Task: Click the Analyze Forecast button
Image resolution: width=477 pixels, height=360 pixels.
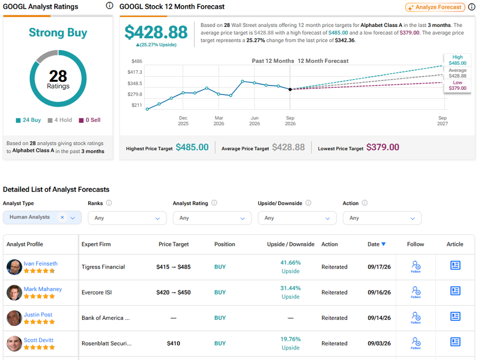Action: pos(435,7)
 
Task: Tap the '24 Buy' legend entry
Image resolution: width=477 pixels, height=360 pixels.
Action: pos(28,120)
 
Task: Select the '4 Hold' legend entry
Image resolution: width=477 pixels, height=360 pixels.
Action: pos(60,120)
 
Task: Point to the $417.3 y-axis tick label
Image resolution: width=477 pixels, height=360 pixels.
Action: pos(135,72)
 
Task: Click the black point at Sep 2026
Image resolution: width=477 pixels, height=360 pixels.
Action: pos(290,89)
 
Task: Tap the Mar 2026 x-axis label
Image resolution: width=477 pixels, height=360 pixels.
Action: pos(219,121)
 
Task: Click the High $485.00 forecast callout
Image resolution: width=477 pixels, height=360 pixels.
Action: pos(458,60)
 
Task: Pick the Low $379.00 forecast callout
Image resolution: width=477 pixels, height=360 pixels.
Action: pos(458,85)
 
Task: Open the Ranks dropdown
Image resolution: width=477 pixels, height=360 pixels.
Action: pos(127,218)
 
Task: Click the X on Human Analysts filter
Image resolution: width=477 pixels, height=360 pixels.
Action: pos(62,217)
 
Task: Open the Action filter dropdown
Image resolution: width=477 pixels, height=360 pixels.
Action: pos(382,218)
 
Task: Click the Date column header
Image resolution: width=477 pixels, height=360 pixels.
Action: pos(377,244)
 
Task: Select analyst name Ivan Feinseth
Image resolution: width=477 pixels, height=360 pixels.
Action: pos(41,264)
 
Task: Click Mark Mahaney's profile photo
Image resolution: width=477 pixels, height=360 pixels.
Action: pos(14,293)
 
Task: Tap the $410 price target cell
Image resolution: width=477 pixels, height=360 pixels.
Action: pos(174,344)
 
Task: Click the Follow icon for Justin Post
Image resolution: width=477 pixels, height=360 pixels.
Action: pos(416,318)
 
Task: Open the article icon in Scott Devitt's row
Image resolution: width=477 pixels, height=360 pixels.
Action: pos(455,342)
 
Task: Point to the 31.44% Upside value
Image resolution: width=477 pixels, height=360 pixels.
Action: pos(291,292)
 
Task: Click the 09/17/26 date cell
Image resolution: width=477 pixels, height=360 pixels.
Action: pos(379,267)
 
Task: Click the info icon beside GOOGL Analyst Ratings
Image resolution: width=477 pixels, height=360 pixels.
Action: pos(109,6)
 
